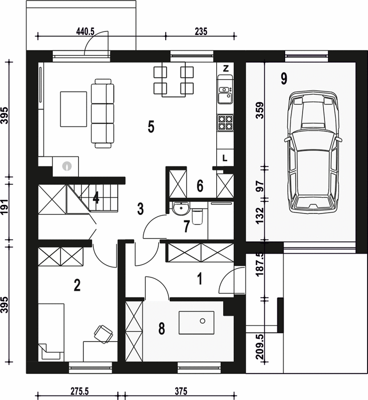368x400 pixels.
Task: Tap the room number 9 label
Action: pyautogui.click(x=284, y=78)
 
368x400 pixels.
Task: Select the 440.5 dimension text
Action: pyautogui.click(x=85, y=31)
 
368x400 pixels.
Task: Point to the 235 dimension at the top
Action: pyautogui.click(x=201, y=31)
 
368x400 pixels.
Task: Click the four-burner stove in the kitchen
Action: pyautogui.click(x=225, y=122)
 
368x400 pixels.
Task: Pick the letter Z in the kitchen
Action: pyautogui.click(x=226, y=68)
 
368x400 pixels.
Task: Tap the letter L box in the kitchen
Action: pyautogui.click(x=225, y=158)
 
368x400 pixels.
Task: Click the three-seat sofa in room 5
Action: pyautogui.click(x=102, y=113)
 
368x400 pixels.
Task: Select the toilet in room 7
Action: pyautogui.click(x=197, y=216)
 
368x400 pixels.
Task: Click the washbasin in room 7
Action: pyautogui.click(x=181, y=207)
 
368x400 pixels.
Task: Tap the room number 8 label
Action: pyautogui.click(x=162, y=328)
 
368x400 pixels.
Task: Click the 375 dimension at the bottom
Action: pyautogui.click(x=181, y=391)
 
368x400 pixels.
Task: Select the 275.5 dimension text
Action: pyautogui.click(x=79, y=391)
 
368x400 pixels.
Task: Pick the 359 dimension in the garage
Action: pyautogui.click(x=260, y=110)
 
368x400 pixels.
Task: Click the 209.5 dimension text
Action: pyautogui.click(x=260, y=347)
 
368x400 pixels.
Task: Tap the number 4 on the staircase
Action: pyautogui.click(x=96, y=197)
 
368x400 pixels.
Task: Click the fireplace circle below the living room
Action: pyautogui.click(x=67, y=166)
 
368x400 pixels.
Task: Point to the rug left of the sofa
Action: pyautogui.click(x=73, y=109)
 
